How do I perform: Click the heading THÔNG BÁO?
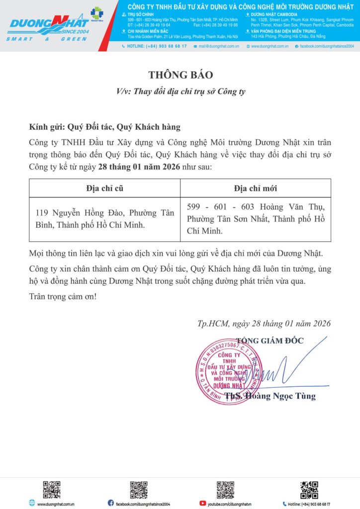click(x=180, y=75)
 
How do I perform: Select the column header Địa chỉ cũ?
click(x=104, y=188)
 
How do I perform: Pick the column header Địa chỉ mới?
click(x=255, y=188)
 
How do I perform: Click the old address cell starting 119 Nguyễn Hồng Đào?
click(x=104, y=219)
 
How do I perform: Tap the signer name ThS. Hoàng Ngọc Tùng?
click(x=270, y=396)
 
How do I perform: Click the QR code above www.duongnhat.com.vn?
click(x=51, y=489)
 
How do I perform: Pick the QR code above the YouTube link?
click(x=225, y=489)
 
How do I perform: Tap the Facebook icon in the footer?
click(x=110, y=504)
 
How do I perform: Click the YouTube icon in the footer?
click(x=202, y=504)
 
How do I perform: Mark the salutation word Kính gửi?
click(x=47, y=127)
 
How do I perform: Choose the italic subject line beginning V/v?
click(x=180, y=91)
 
